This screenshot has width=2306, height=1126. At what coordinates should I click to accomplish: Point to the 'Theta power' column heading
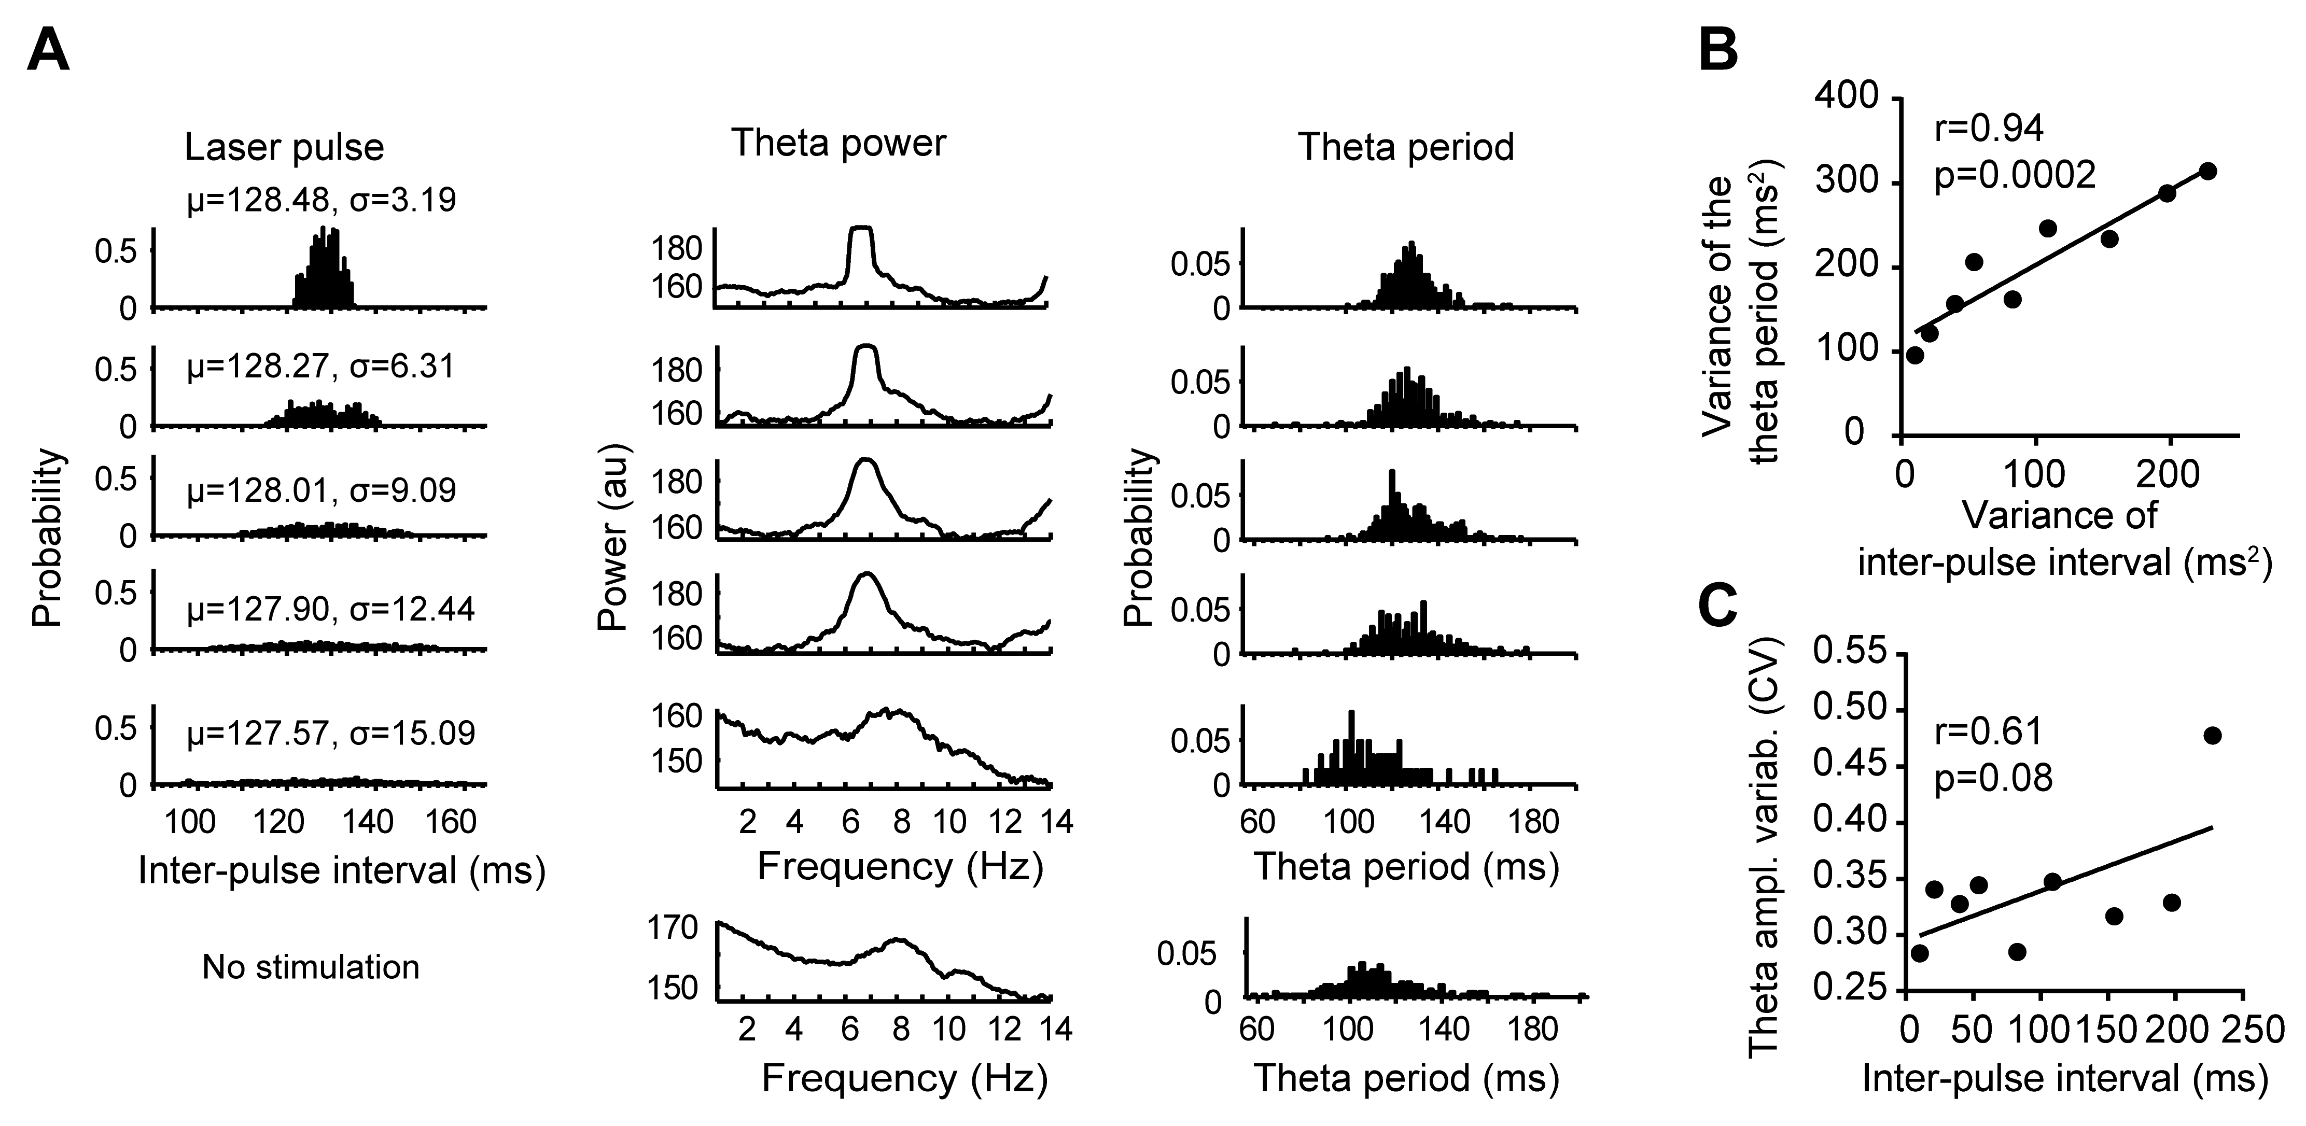click(839, 143)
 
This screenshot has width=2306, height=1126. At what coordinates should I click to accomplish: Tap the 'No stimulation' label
click(311, 967)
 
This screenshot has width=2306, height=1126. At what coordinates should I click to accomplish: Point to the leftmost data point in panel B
click(1915, 355)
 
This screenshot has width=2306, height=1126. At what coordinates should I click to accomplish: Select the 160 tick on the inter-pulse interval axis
click(450, 821)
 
